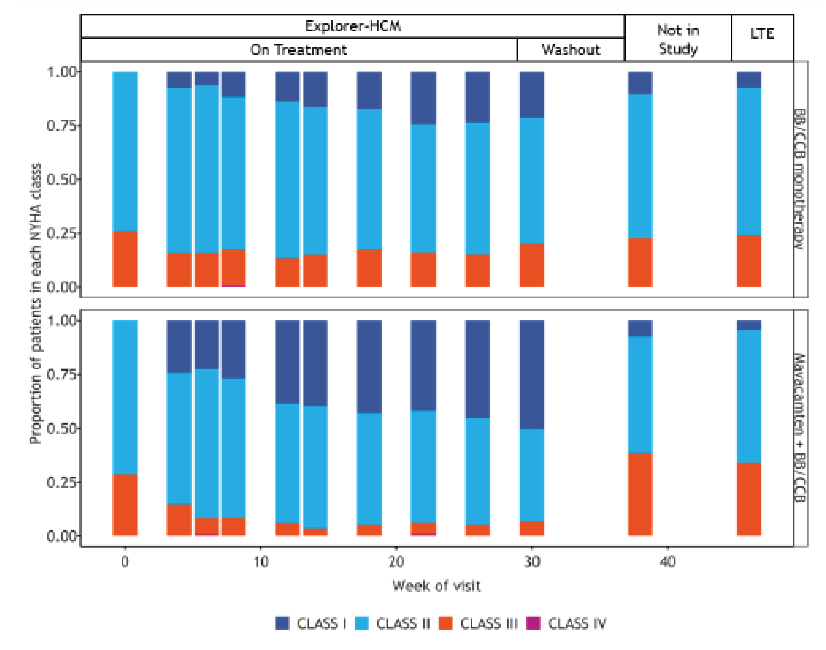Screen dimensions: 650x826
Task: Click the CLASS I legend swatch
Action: [282, 623]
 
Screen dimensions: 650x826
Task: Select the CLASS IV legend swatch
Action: [533, 623]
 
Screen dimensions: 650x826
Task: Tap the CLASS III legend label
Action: [489, 624]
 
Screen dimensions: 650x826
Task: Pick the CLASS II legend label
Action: [403, 624]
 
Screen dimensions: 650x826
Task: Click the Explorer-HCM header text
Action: [353, 26]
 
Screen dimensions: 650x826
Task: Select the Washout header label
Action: [571, 50]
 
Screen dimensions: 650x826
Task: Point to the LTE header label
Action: [762, 34]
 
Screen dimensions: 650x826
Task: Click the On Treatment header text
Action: [299, 50]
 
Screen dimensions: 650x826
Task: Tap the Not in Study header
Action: [678, 40]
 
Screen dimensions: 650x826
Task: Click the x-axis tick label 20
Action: [396, 562]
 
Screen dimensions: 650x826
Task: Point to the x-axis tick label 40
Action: [668, 562]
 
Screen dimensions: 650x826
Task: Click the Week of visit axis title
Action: [436, 586]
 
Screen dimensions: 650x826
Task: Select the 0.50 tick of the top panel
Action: [62, 180]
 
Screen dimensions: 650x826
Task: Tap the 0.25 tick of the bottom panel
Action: [62, 482]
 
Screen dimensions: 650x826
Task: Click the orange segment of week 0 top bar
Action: [125, 259]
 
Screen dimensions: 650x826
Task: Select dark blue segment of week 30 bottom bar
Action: [532, 374]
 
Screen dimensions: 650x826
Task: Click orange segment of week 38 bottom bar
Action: [640, 494]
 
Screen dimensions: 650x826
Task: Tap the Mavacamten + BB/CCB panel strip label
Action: [801, 428]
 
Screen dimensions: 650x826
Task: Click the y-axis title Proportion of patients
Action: [36, 303]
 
